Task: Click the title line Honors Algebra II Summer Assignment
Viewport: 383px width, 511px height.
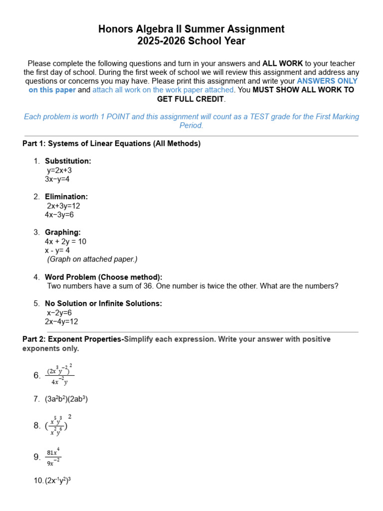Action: point(191,29)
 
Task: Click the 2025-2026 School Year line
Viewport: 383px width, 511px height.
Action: point(191,41)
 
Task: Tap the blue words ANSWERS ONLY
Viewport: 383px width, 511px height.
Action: point(327,81)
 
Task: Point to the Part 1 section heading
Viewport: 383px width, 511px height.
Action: point(111,144)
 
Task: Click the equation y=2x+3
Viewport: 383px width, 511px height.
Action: point(59,170)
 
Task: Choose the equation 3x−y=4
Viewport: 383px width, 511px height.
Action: point(57,179)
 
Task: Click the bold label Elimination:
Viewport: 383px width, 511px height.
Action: point(66,197)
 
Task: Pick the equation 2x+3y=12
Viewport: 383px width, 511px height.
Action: point(63,206)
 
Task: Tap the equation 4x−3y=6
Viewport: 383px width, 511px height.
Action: point(59,215)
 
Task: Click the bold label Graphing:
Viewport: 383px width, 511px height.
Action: point(63,232)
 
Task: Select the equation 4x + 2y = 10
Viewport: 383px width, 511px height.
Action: point(65,242)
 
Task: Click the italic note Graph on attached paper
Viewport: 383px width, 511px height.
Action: point(92,259)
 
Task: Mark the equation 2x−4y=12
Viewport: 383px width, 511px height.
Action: point(61,322)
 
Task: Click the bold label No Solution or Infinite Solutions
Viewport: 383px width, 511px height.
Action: point(103,303)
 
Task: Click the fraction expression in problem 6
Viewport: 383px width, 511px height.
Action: point(60,375)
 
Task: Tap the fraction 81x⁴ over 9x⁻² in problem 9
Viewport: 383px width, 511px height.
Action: point(53,457)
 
